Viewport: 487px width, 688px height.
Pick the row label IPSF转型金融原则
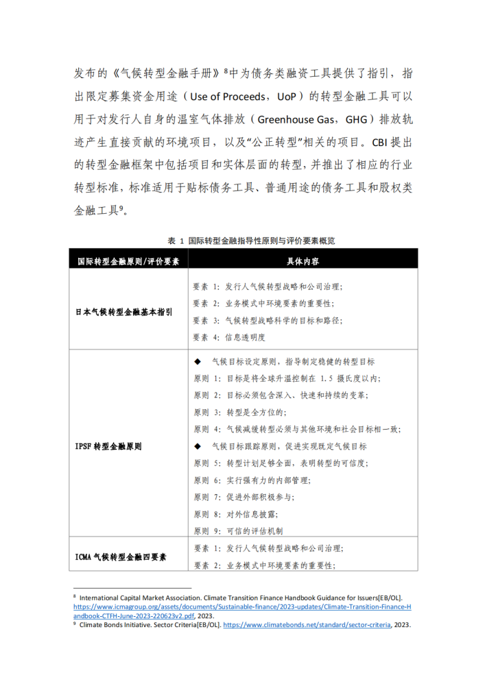108,447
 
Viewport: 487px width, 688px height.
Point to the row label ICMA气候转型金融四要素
121,557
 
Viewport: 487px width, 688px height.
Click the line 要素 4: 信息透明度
229,337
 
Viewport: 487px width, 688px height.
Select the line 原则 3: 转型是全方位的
240,413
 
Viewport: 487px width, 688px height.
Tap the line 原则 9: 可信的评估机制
238,531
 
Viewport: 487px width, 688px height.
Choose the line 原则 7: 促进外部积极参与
244,497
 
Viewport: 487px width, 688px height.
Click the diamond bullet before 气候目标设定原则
197,362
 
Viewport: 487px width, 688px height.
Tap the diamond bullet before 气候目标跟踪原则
197,447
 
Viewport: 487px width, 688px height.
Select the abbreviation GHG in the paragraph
356,119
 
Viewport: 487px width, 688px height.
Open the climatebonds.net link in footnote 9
307,624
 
